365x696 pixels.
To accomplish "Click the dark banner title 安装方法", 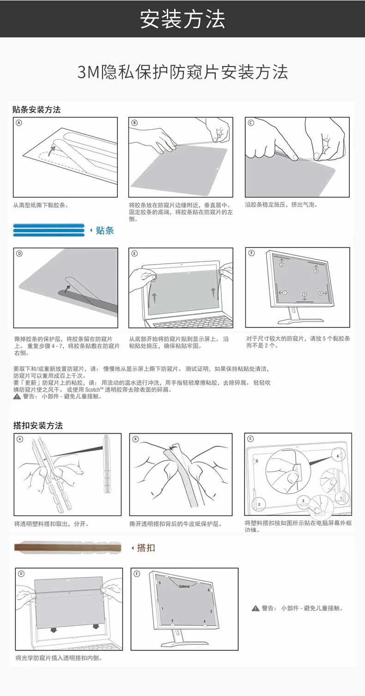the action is [182, 19].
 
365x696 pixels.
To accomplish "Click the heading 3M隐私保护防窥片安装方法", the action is [182, 72].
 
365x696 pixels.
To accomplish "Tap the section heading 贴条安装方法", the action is [36, 110].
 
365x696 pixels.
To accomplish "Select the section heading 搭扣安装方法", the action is [38, 425].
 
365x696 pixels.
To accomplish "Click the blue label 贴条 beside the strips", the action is [105, 230].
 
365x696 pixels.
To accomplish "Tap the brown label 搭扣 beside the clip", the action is [146, 548].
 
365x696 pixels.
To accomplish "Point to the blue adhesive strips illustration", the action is [49, 230].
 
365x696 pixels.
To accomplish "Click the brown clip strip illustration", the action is [67, 548].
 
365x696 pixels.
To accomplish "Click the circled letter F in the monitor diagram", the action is [251, 253].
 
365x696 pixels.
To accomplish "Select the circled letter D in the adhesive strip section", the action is [19, 253].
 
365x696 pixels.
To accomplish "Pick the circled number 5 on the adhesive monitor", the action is [304, 294].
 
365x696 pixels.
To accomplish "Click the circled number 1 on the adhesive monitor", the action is [285, 292].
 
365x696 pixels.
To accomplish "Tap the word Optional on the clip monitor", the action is [184, 586].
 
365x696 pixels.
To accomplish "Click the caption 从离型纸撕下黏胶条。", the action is [41, 205].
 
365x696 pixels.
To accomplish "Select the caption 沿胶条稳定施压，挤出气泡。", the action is [281, 205].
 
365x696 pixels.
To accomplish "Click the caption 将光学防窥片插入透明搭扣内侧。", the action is [59, 658].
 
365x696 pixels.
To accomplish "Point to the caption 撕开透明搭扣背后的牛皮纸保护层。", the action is [176, 524].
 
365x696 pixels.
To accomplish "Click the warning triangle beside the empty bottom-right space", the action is [255, 608].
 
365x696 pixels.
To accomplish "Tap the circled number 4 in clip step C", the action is [338, 456].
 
